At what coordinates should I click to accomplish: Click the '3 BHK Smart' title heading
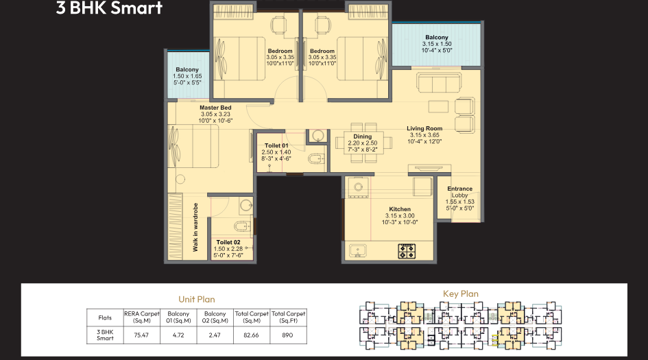[x=110, y=9]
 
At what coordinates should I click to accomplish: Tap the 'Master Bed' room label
[x=215, y=108]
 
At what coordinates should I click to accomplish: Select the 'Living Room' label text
[x=424, y=128]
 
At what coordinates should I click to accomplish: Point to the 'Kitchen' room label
[x=400, y=209]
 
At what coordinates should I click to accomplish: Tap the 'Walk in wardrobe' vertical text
[x=195, y=227]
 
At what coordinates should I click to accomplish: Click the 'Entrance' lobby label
[x=459, y=189]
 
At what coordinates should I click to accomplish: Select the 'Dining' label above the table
[x=363, y=136]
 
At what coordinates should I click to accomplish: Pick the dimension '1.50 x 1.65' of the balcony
[x=187, y=76]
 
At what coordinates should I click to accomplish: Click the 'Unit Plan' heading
[x=197, y=299]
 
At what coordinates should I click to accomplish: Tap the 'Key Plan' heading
[x=461, y=294]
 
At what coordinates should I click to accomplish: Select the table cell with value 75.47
[x=141, y=335]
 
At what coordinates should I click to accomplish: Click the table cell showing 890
[x=288, y=335]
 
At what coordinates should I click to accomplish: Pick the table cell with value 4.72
[x=178, y=335]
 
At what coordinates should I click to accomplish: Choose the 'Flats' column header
[x=105, y=317]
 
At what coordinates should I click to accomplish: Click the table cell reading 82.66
[x=252, y=335]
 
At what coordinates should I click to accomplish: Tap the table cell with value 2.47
[x=215, y=335]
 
